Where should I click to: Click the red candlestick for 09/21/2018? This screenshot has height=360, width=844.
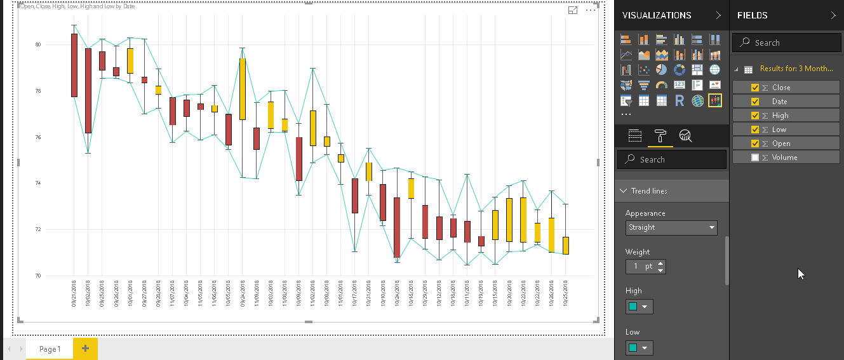coord(74,65)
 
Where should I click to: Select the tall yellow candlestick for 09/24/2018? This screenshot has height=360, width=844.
coord(243,89)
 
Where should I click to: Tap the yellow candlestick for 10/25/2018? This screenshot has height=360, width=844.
coord(565,246)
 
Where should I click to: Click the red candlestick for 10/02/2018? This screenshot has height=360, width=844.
coord(88,91)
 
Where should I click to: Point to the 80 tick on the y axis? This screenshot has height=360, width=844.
coord(38,45)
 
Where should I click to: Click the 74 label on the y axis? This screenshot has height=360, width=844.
coord(38,183)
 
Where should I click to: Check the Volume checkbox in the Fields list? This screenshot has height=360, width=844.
coord(755,157)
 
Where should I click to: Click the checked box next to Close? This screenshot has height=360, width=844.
coord(755,88)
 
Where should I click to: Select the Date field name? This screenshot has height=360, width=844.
coord(779,102)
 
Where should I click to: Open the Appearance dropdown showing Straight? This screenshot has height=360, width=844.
coord(672,227)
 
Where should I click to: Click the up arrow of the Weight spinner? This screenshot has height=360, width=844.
coord(661,263)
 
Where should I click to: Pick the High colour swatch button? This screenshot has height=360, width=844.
coord(639,307)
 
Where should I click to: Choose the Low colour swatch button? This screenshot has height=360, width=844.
coord(639,347)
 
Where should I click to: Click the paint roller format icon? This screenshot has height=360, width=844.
coord(660,135)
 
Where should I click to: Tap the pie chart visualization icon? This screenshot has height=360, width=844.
coord(661,70)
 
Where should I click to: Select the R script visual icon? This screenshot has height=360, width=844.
coord(679,100)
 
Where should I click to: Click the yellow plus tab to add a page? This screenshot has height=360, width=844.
coord(85,349)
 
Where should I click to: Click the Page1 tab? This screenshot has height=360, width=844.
coord(50,349)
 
